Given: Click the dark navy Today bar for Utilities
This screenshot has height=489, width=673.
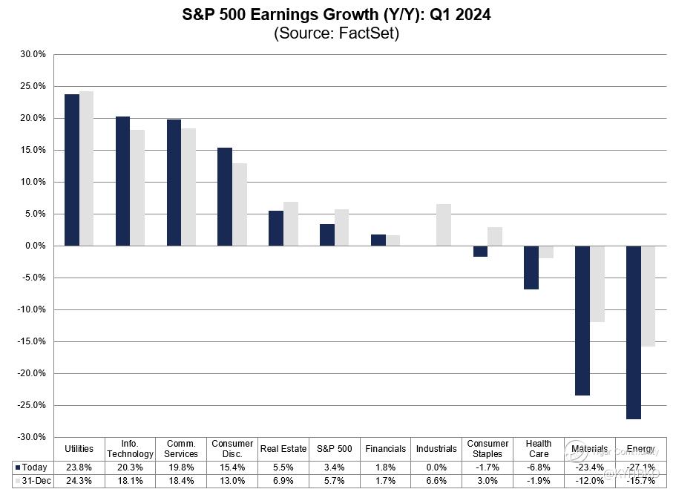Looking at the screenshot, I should [x=71, y=170].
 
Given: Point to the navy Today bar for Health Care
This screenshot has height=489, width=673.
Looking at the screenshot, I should [x=531, y=267].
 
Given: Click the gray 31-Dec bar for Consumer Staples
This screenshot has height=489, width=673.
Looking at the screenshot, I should [x=495, y=236].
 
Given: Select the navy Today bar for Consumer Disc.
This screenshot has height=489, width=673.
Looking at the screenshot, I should [x=225, y=197].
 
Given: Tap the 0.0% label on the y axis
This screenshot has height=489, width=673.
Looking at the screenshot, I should [x=34, y=246].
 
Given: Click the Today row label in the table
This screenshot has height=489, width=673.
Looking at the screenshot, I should [x=33, y=467].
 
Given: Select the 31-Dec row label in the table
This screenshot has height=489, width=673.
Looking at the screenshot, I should [x=33, y=480].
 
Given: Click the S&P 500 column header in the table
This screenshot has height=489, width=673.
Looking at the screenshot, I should [x=334, y=449].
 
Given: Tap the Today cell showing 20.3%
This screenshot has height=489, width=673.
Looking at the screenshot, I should [x=131, y=467].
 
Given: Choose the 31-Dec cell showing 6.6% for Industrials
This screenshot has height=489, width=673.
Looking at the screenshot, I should [x=436, y=480].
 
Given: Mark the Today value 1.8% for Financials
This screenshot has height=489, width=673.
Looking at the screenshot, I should [x=385, y=467].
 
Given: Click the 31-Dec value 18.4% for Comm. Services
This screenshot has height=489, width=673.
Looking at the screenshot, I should [x=181, y=480].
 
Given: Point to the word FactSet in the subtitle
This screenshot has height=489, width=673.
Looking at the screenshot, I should [x=368, y=33].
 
